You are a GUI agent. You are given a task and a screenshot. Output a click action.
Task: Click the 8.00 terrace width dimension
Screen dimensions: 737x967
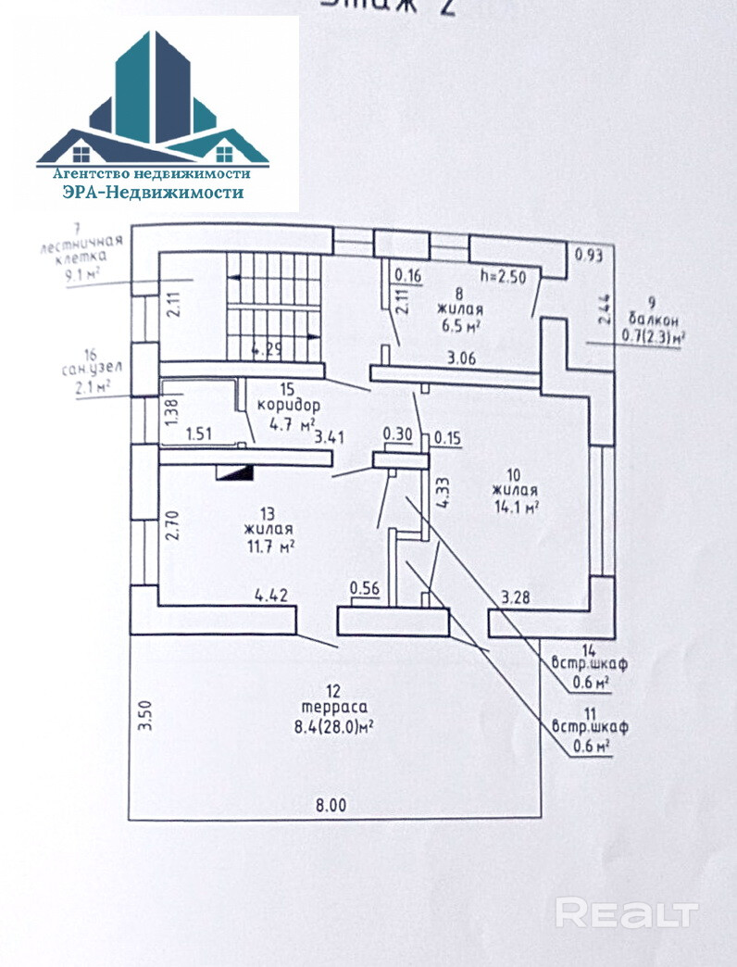tap(330, 806)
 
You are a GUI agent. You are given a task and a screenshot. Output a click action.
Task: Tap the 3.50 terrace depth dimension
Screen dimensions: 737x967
tap(144, 716)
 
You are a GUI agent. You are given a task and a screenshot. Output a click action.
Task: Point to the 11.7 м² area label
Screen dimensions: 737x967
tap(269, 546)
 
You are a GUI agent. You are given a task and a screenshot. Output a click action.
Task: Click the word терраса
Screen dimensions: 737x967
tap(334, 709)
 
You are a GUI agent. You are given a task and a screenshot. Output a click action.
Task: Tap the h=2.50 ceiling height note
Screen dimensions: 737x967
tap(504, 275)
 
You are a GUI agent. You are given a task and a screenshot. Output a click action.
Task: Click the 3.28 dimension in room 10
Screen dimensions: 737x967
tap(516, 597)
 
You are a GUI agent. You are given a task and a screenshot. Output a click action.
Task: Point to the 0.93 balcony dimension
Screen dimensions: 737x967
tap(588, 255)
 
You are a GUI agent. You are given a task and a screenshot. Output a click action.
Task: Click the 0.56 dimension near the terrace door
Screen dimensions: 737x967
tap(366, 587)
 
